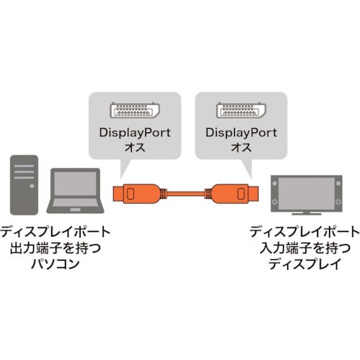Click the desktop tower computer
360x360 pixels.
click(22, 184)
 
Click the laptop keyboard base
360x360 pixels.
click(73, 210)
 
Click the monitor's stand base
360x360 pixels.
click(305, 214)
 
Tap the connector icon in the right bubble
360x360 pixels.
click(238, 111)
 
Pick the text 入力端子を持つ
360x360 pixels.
click(303, 248)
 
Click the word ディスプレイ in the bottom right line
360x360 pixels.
click(303, 264)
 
